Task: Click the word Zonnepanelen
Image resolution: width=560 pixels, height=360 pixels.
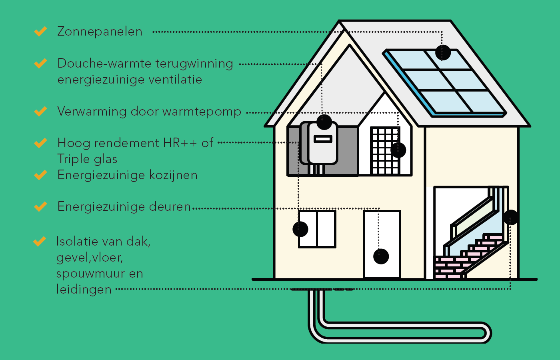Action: click(x=100, y=32)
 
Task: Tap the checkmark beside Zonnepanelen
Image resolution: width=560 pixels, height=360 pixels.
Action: click(x=40, y=31)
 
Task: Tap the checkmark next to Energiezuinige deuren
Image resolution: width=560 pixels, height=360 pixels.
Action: click(x=40, y=206)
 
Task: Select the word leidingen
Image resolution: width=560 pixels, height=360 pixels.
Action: click(x=84, y=290)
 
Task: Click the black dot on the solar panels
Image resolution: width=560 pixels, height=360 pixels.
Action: click(x=443, y=52)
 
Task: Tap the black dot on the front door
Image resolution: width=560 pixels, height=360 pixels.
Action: click(x=381, y=256)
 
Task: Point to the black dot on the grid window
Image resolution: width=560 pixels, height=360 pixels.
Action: click(x=398, y=150)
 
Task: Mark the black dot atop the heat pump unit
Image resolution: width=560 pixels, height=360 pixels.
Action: click(x=324, y=122)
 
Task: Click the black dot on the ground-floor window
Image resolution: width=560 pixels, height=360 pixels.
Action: click(x=300, y=229)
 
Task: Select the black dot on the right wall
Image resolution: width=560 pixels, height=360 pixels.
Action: click(x=511, y=217)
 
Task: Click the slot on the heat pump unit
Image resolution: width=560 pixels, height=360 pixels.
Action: click(x=323, y=139)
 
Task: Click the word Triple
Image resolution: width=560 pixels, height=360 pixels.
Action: click(x=72, y=159)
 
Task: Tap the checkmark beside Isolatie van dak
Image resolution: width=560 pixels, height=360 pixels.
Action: click(x=40, y=241)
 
